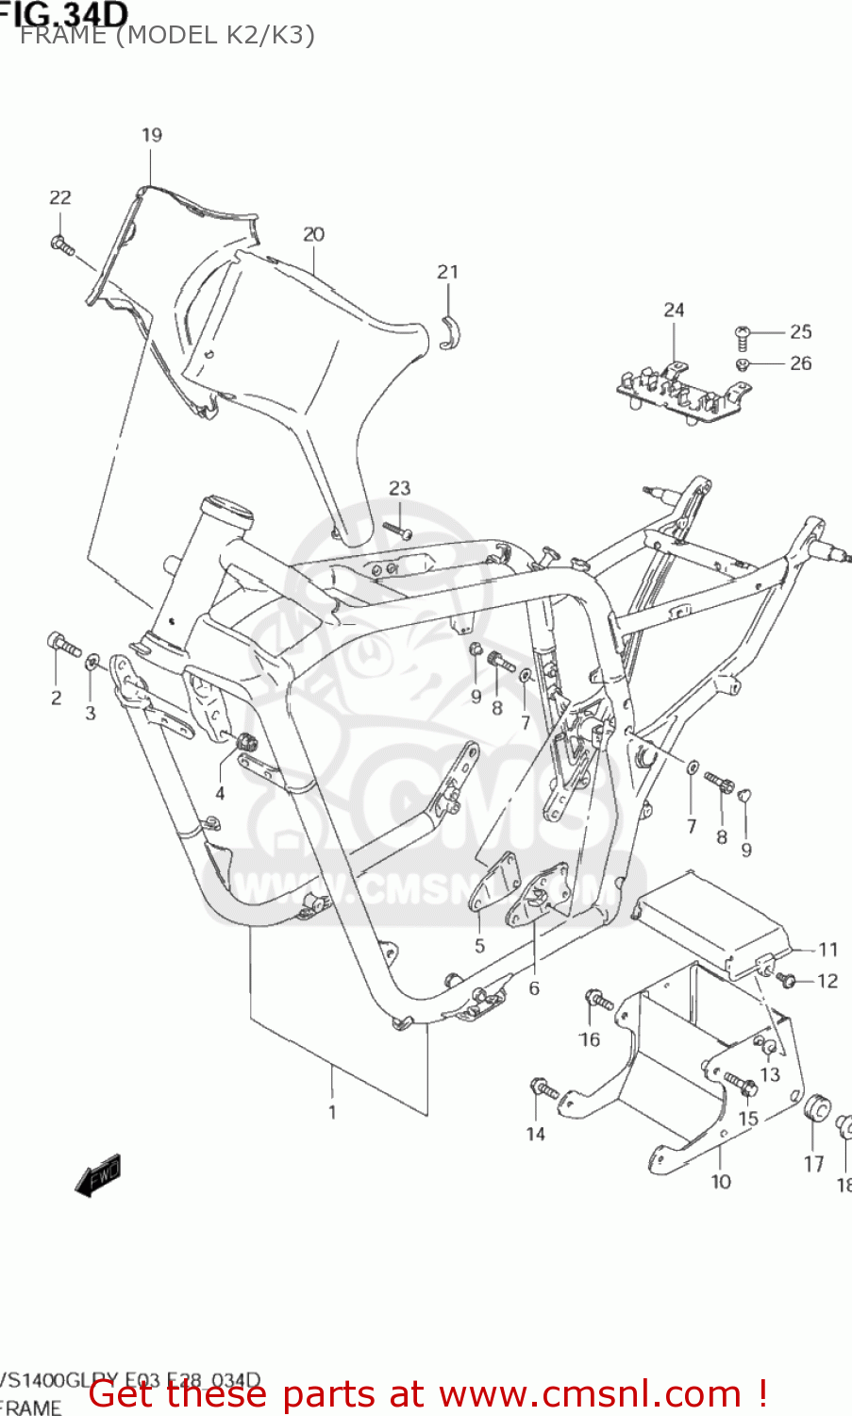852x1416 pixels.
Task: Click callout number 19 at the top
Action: (151, 135)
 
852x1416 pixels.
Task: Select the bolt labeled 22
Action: (62, 244)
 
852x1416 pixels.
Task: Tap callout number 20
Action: (313, 234)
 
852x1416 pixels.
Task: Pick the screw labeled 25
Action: (742, 335)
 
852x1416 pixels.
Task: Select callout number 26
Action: (800, 363)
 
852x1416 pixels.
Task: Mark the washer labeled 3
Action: (92, 664)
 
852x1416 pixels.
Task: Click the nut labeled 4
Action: (247, 742)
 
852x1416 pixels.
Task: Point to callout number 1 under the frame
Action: (332, 1112)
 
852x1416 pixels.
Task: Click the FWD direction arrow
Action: (98, 1176)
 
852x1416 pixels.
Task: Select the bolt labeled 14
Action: (543, 1090)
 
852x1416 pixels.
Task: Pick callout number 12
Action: (827, 981)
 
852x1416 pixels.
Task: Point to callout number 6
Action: (534, 988)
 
